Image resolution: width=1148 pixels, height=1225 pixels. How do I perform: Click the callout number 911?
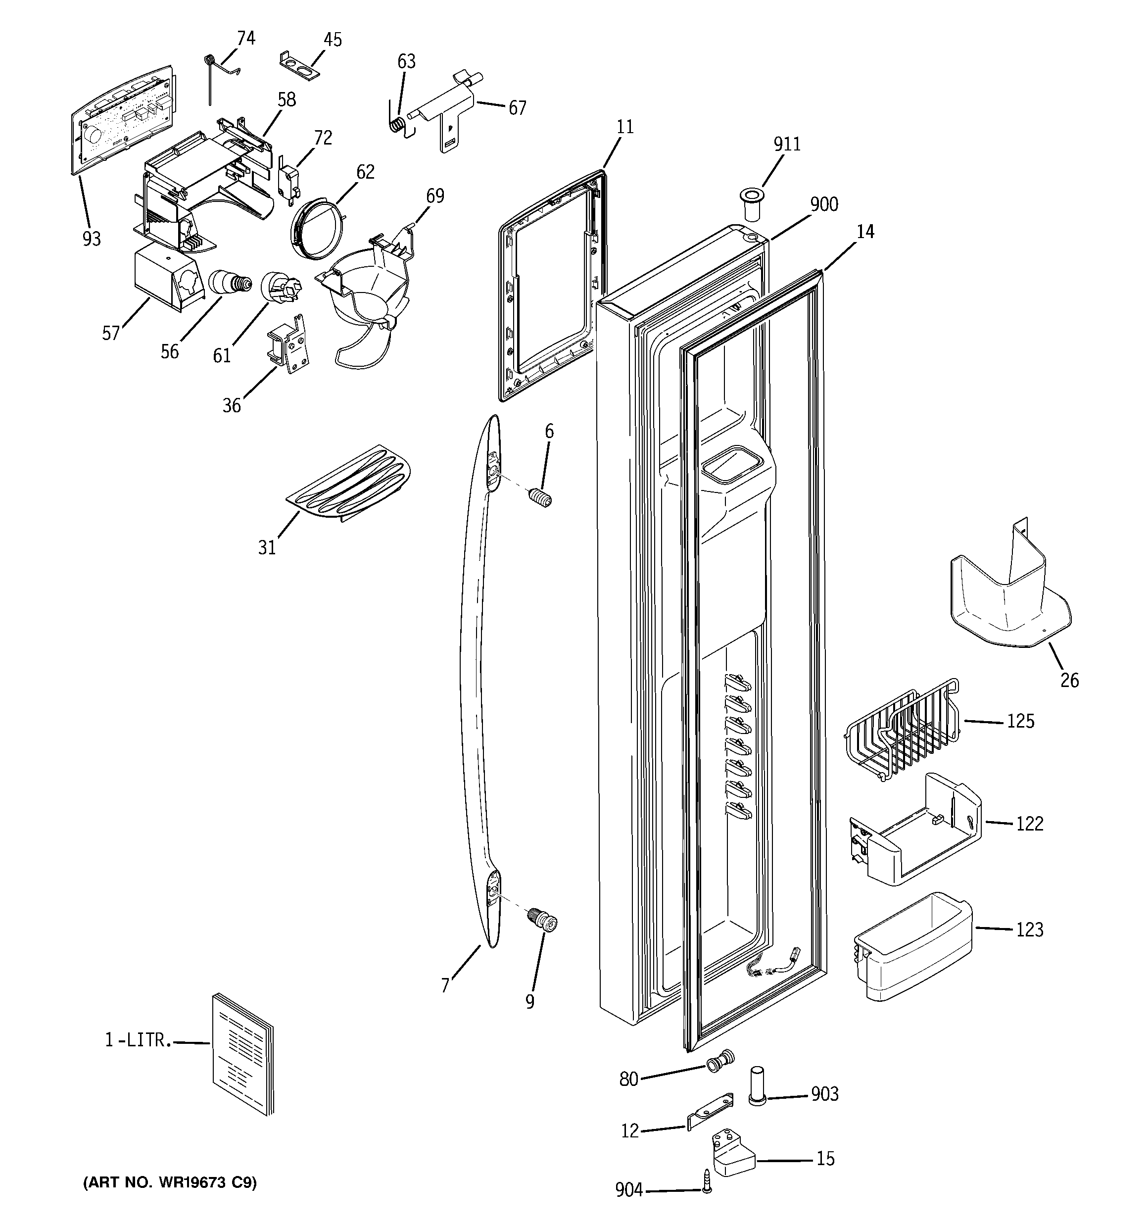pyautogui.click(x=787, y=144)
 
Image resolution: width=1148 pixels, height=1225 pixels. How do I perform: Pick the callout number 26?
pyautogui.click(x=1069, y=680)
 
